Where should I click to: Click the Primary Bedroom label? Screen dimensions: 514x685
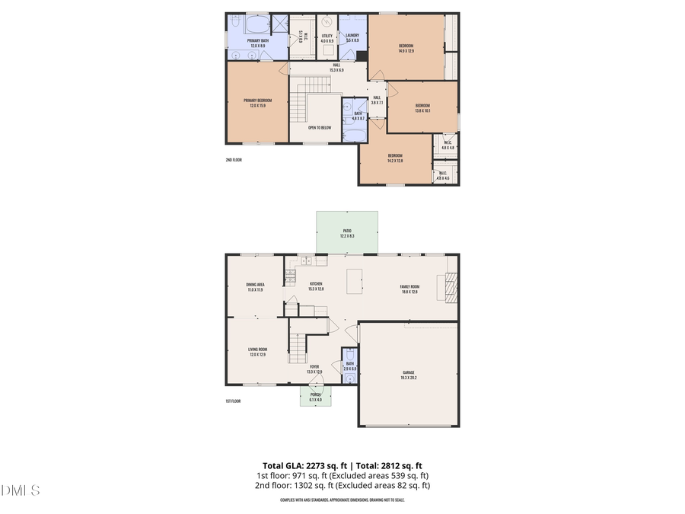click(257, 103)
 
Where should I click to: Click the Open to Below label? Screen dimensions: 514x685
click(319, 128)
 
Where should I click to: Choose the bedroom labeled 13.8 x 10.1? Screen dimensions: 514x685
click(422, 107)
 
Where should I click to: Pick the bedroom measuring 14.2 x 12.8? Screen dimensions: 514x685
click(394, 158)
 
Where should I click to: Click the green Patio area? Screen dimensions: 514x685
click(347, 232)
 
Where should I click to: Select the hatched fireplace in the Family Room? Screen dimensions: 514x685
click(450, 287)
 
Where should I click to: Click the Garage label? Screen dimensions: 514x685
click(409, 374)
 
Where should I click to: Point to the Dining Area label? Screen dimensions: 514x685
click(254, 287)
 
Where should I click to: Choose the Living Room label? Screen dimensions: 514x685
click(257, 352)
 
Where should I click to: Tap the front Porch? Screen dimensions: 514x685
click(315, 396)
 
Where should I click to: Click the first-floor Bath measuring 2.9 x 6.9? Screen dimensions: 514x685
click(349, 366)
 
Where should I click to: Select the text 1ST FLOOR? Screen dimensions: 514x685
click(233, 401)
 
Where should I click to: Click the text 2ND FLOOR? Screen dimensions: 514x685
click(234, 160)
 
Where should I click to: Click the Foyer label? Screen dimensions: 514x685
click(314, 369)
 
